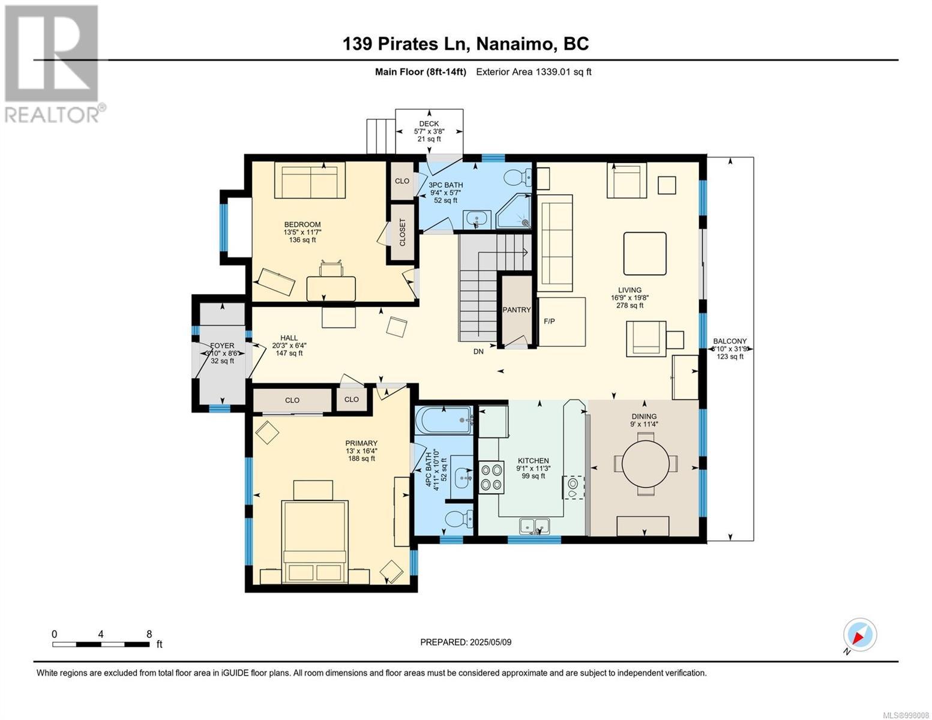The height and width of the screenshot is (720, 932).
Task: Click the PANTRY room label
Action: [516, 310]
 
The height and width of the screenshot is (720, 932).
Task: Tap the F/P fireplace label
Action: [550, 321]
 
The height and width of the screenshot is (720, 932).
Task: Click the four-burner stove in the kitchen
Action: [491, 477]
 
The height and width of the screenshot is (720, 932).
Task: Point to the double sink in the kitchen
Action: [534, 526]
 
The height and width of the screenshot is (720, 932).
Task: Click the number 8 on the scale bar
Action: [149, 634]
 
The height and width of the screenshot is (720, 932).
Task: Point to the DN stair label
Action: [478, 351]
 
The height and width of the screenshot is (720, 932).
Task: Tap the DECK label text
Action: [429, 124]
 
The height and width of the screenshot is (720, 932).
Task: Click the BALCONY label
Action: [730, 341]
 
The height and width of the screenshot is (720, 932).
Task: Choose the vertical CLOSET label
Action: [402, 232]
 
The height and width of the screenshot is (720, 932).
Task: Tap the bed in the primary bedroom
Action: [314, 542]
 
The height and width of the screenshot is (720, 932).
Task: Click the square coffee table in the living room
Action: [645, 253]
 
